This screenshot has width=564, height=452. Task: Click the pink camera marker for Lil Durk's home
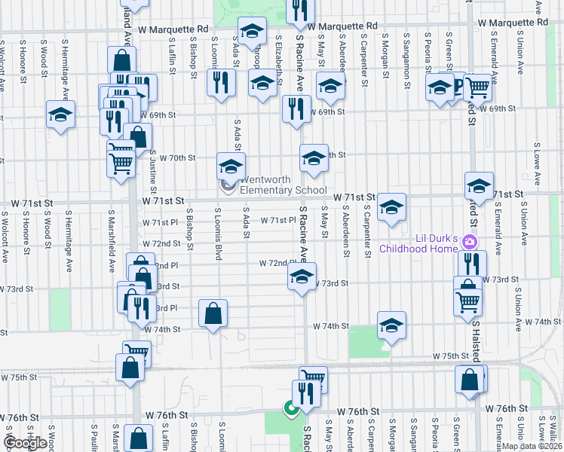tap(471, 241)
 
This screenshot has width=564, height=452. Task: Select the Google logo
tap(25, 443)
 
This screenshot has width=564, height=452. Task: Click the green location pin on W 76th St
tap(289, 409)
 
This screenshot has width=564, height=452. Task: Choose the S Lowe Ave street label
tap(537, 163)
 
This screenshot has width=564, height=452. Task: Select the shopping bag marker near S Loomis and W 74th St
tap(213, 313)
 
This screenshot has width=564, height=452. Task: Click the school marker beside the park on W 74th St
tap(391, 325)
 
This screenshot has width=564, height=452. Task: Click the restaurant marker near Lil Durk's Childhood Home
tap(473, 263)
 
